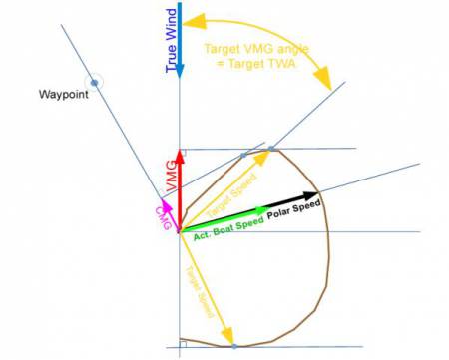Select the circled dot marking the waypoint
[x=94, y=82]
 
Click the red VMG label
[x=171, y=175]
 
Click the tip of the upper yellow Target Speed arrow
[x=269, y=151]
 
